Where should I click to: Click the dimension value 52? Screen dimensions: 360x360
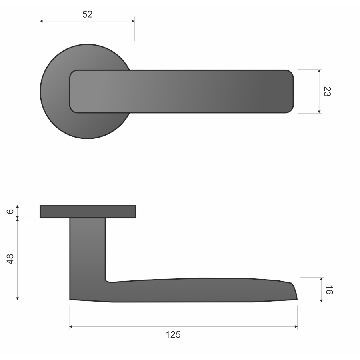coord(87,14)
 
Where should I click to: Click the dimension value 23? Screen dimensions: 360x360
coord(327,92)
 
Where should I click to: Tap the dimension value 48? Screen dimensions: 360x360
coord(10,259)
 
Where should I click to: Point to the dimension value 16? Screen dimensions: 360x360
coord(329,290)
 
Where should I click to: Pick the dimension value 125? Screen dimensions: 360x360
coord(173,335)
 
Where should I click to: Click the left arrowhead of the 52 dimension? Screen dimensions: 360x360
coord(41,21)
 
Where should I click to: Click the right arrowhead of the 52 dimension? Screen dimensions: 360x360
coord(133,21)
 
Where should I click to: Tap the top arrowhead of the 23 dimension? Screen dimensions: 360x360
coord(319,71)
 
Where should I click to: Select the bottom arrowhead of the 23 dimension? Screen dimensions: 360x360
coord(319,112)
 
